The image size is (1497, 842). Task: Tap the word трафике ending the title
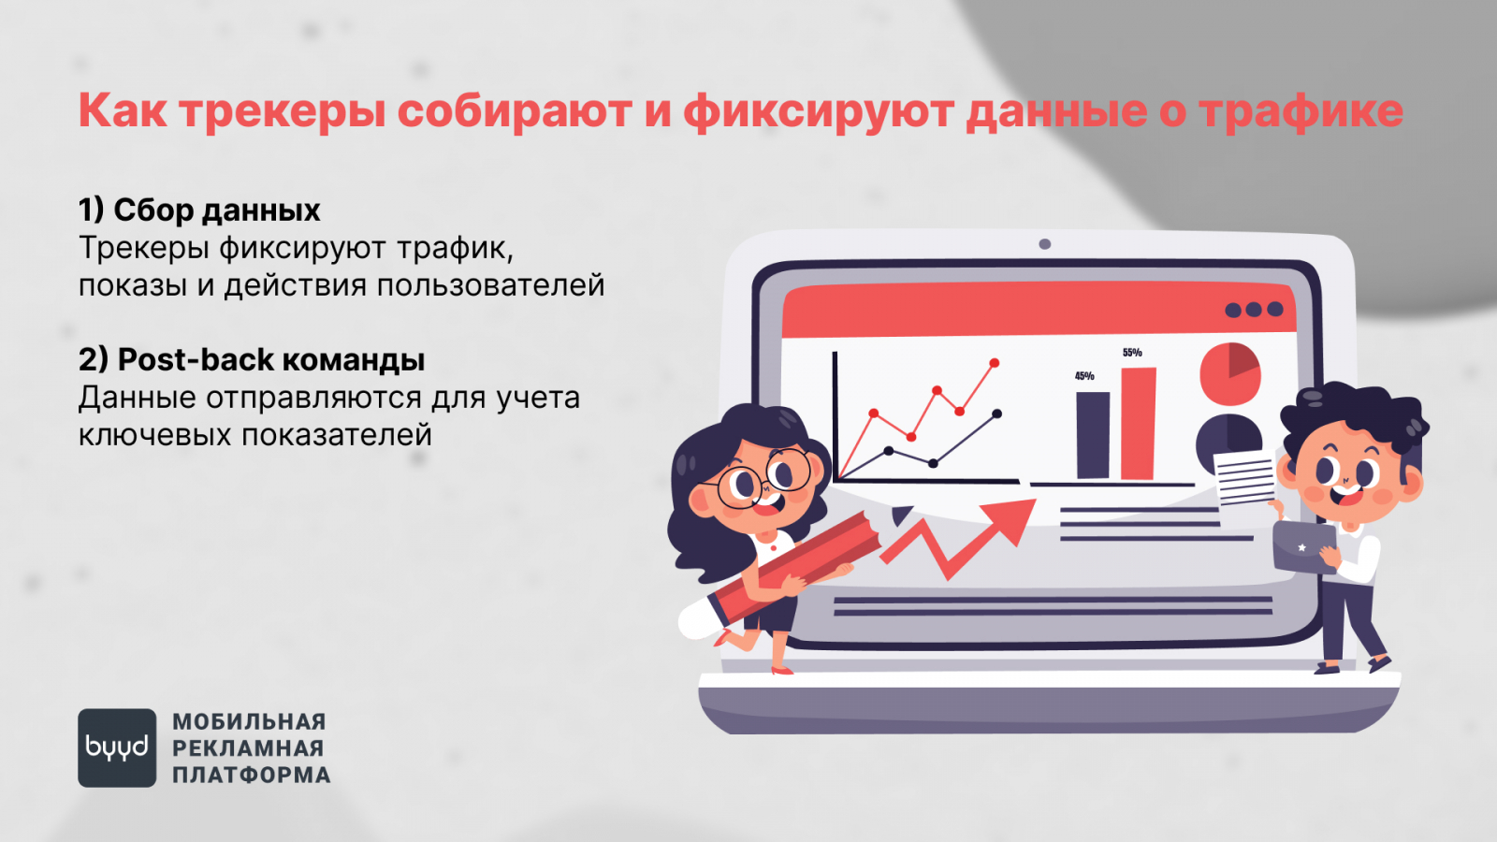coord(1301,111)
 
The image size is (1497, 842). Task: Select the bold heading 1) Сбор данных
coord(199,210)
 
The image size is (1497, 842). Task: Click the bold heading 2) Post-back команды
coord(252,359)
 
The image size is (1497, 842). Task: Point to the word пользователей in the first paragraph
coord(490,286)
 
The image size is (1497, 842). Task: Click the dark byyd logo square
coord(117,748)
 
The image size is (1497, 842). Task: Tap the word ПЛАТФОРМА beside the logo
coord(252,776)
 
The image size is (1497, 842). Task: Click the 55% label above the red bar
coord(1132,352)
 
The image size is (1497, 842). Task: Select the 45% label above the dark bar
coord(1084,376)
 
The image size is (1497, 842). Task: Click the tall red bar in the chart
coord(1138,424)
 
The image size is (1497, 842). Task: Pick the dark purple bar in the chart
coord(1093,435)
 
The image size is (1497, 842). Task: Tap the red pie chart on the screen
coord(1229,374)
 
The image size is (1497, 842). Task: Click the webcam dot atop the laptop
coord(1044,244)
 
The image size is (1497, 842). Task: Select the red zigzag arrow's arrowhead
coord(1010,518)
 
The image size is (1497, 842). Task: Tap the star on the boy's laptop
coord(1301,547)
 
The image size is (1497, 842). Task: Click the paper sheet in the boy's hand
coord(1243,478)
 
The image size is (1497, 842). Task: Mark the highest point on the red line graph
coord(995,363)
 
